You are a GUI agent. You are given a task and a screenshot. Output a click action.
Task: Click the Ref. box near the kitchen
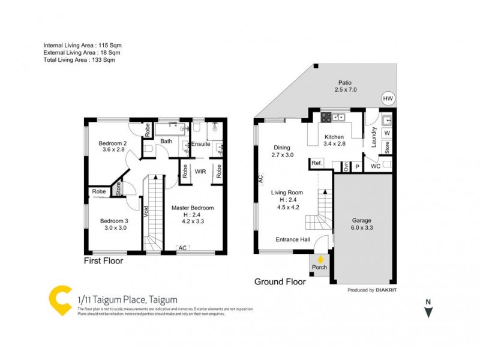coord(316,163)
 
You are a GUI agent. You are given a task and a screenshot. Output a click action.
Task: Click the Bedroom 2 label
coord(112,143)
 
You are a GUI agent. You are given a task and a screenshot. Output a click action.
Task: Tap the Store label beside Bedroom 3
coord(118,189)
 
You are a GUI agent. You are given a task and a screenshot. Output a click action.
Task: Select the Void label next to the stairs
coord(146,211)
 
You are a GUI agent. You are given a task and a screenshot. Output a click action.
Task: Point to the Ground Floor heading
coord(280,281)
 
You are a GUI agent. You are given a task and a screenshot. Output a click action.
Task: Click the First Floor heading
coord(103,261)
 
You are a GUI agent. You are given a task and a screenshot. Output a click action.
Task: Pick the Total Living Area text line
coord(79,60)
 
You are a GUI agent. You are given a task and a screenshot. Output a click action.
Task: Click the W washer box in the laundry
coord(387,133)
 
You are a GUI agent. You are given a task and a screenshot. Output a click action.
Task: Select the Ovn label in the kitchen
coord(345,166)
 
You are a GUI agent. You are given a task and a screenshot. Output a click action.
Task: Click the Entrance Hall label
coord(292,240)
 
